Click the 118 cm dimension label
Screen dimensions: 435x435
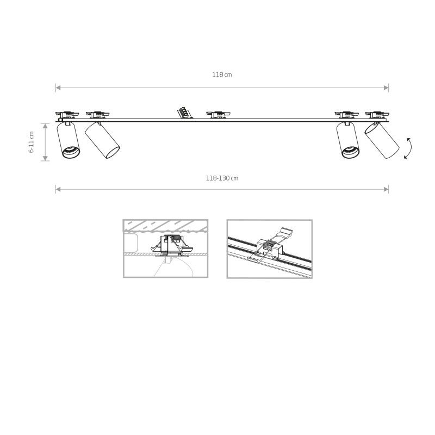[222, 75]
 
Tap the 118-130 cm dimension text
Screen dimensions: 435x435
[222, 178]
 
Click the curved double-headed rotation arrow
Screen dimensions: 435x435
[407, 148]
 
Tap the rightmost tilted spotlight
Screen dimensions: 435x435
[382, 141]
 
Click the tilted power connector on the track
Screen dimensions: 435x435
[184, 113]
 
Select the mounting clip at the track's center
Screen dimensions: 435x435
[219, 114]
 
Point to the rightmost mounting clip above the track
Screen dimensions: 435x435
[376, 114]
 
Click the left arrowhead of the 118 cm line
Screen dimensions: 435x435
[58, 87]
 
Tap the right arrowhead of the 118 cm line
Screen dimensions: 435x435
[387, 87]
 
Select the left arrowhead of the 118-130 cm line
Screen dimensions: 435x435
[58, 189]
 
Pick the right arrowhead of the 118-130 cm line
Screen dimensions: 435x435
[387, 189]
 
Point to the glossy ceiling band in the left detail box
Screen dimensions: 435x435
[165, 226]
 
